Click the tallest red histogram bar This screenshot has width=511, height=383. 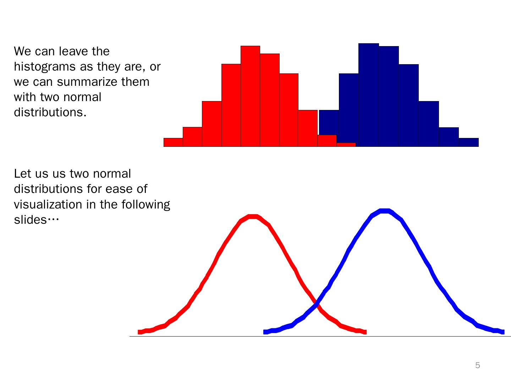point(250,96)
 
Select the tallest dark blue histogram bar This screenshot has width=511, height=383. point(369,95)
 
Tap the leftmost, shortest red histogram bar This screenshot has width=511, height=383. point(173,142)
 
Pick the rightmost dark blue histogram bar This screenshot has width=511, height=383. point(469,142)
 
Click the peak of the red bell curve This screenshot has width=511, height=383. point(253,217)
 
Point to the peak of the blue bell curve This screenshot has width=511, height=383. point(385,211)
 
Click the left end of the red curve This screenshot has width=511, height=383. point(139,332)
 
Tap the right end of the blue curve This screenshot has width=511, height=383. point(503,332)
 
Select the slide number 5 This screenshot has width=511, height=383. point(478,365)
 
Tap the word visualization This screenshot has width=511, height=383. point(48,204)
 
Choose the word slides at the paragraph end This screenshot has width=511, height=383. point(30,220)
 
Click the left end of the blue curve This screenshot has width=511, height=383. point(265,332)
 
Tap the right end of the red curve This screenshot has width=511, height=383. point(365,332)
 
